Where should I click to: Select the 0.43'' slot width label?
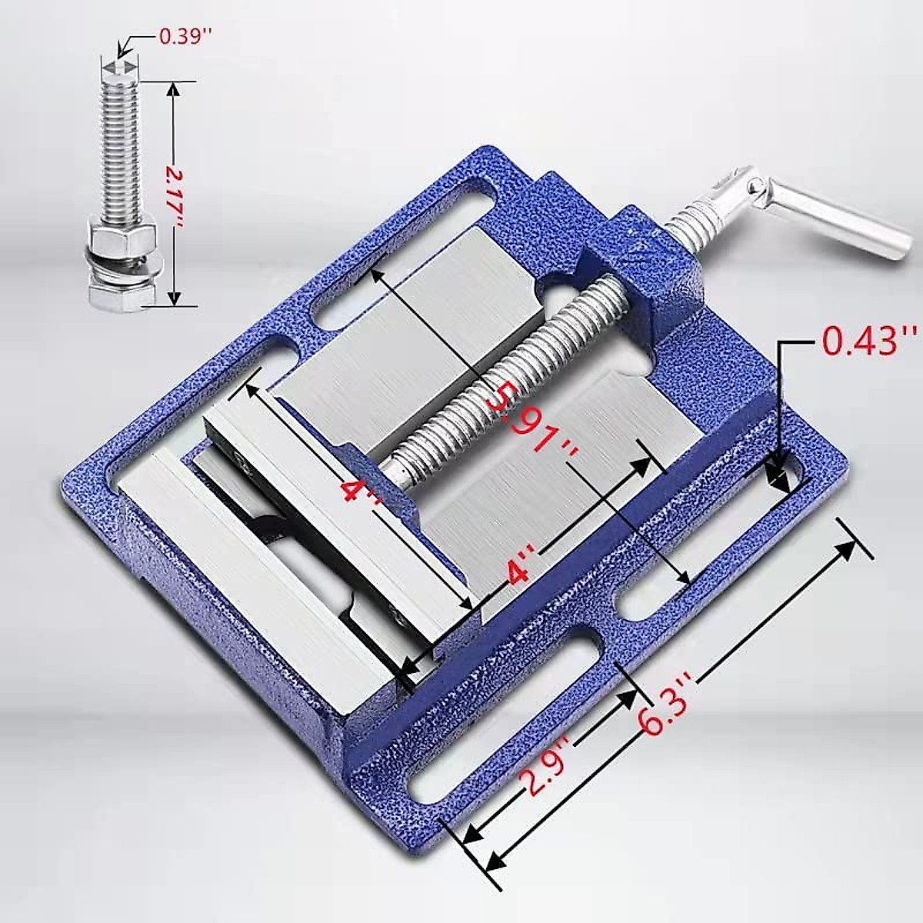[870, 341]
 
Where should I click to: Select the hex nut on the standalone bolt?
[121, 231]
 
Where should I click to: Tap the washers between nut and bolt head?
[121, 262]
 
